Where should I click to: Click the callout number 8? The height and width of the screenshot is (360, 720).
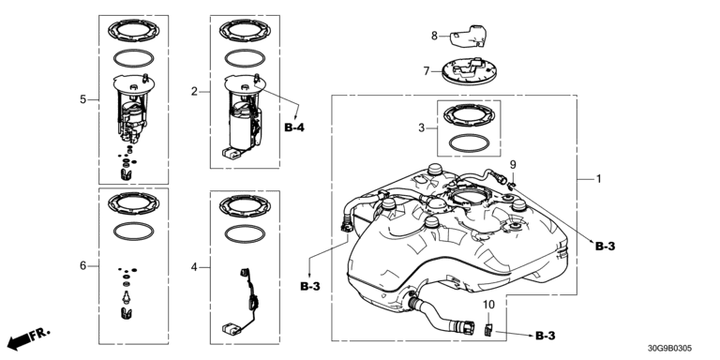(434, 36)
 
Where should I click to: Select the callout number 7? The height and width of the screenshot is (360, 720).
(427, 71)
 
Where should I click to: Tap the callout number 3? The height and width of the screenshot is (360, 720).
(422, 128)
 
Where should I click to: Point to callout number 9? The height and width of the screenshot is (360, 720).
(513, 164)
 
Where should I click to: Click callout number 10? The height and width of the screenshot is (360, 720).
(488, 304)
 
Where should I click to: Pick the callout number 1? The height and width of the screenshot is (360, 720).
(598, 179)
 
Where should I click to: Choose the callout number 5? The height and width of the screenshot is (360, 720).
(83, 99)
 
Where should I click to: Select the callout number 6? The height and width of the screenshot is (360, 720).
(83, 265)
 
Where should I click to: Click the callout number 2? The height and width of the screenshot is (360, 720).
(194, 91)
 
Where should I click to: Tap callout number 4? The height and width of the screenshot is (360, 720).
(194, 267)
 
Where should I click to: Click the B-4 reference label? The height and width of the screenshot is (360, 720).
(294, 127)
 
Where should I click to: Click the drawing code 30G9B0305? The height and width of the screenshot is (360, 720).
(670, 349)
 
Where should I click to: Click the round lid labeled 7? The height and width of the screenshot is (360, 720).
(468, 71)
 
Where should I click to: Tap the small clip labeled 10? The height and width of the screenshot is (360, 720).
(488, 329)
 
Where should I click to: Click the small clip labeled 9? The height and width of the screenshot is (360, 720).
(511, 185)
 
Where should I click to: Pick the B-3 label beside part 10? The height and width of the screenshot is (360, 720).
(545, 337)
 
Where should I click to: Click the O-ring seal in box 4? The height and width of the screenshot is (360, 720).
(245, 233)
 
